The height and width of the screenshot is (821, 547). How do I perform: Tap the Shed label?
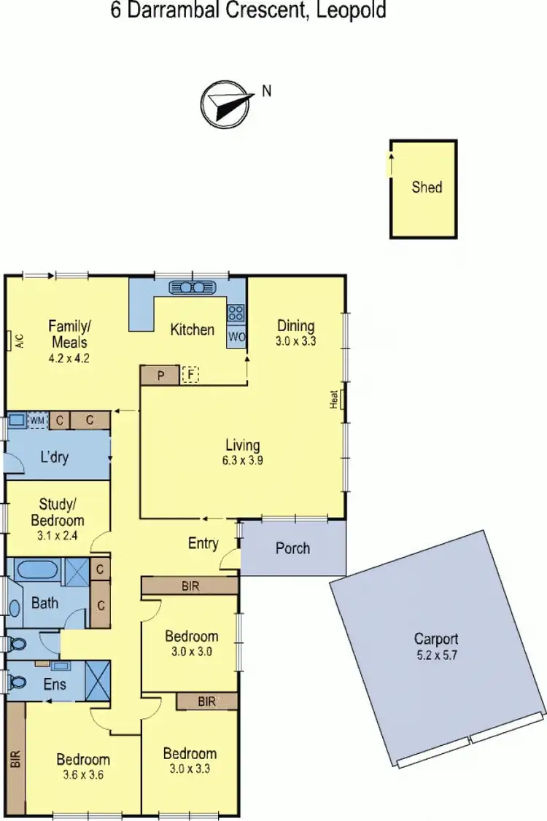(427, 187)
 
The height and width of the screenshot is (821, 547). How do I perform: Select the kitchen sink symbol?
(190, 287)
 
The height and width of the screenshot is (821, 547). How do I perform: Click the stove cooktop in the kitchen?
(236, 314)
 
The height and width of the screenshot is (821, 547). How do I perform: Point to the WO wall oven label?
(236, 337)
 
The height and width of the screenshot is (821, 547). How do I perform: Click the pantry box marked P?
(160, 376)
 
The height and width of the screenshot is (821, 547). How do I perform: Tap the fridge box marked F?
(190, 376)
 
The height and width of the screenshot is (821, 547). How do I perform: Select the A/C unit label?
(19, 341)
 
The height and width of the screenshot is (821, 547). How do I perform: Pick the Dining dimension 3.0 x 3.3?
(295, 341)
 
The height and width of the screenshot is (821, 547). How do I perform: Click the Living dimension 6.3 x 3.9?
(243, 461)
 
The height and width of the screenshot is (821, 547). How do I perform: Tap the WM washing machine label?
(36, 421)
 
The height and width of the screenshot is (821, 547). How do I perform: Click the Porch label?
(292, 548)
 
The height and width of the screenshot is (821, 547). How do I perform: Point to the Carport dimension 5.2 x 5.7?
(436, 654)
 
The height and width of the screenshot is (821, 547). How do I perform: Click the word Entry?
(203, 543)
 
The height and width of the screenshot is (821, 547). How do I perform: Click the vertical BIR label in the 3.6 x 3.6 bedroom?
(15, 760)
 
